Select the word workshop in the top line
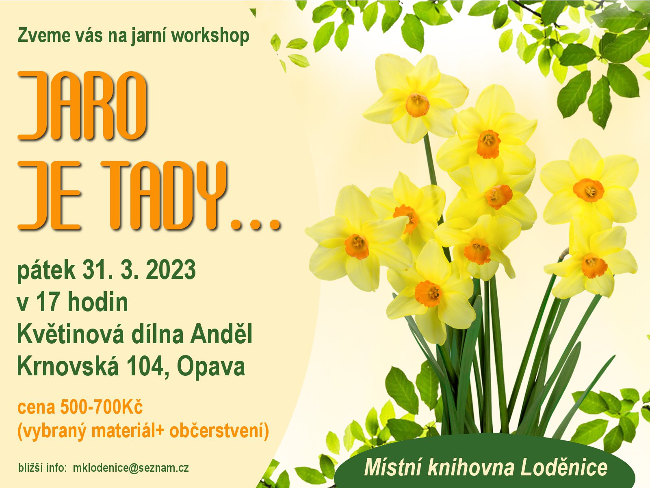[210, 37]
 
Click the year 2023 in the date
[171, 270]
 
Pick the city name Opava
[211, 368]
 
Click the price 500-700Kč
[102, 407]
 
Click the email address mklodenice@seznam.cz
[130, 468]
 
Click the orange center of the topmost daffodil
[417, 105]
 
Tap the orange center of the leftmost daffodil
[357, 246]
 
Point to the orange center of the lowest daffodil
[428, 294]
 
